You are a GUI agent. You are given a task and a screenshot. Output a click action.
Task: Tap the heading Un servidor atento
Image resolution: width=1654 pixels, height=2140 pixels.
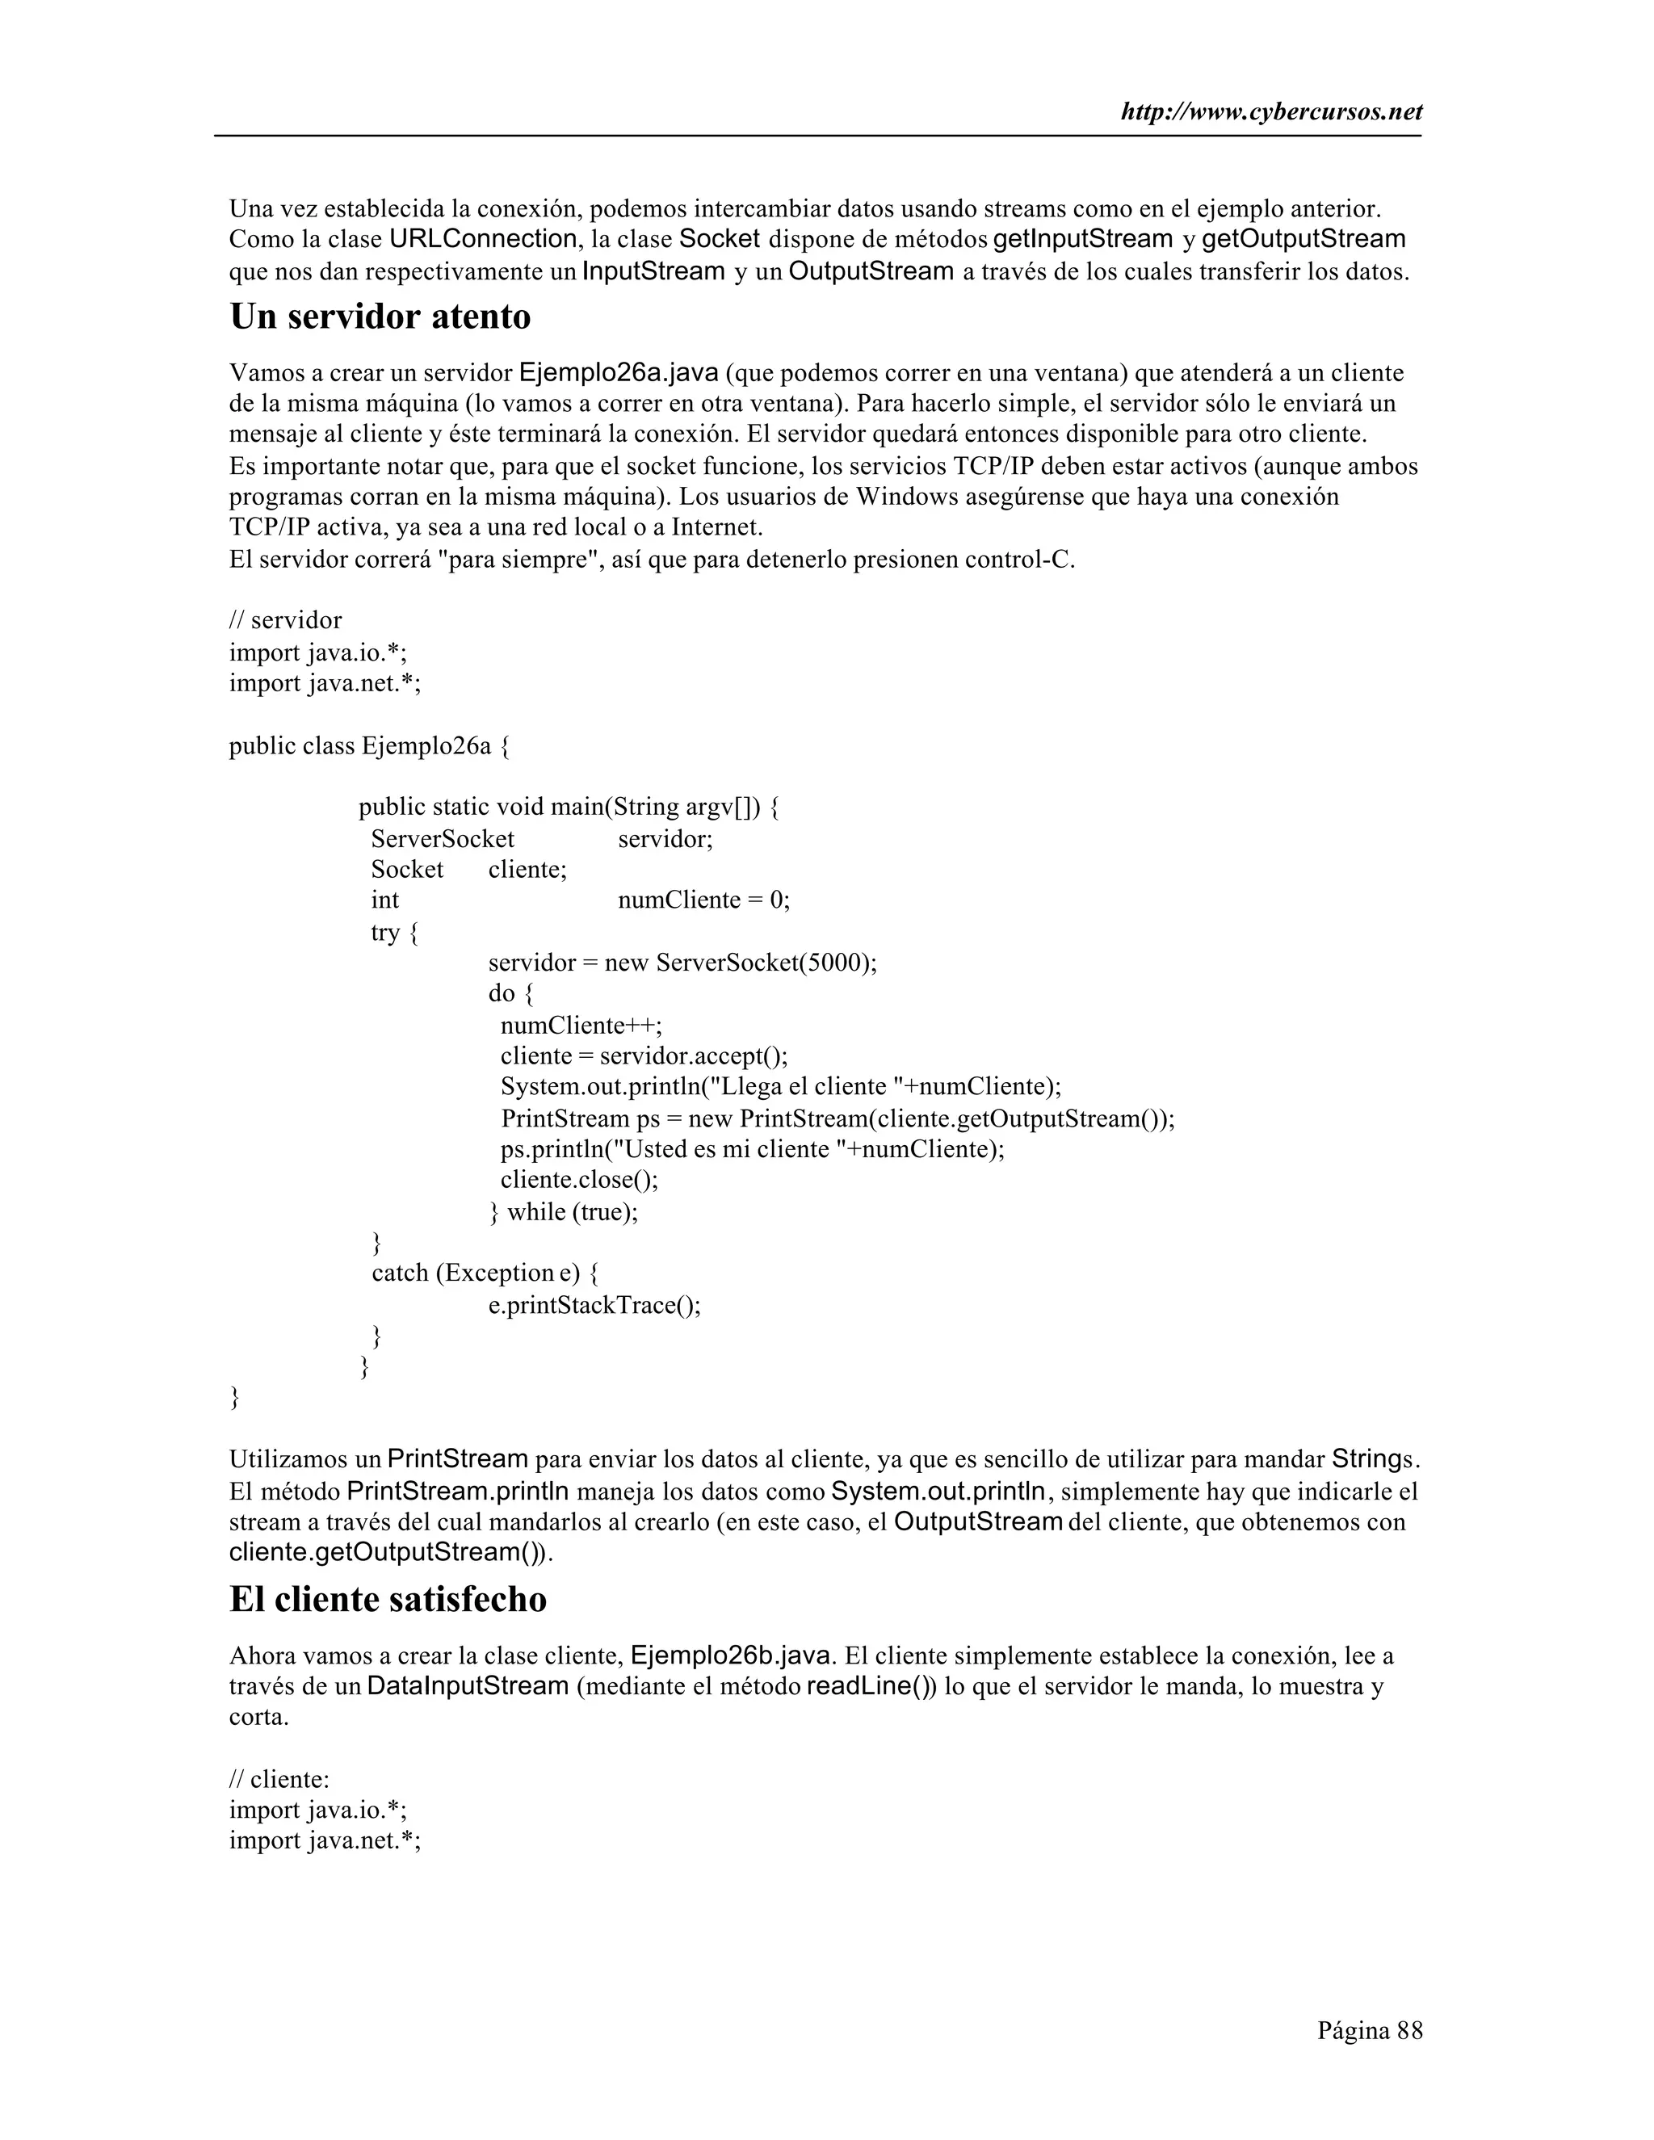380,317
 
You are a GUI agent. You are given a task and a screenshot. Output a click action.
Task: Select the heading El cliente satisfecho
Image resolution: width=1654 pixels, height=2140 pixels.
388,1599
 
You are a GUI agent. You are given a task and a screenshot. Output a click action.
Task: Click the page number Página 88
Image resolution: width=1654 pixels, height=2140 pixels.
1369,2030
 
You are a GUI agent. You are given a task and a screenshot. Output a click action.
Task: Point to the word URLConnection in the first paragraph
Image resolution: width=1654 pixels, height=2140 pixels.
483,239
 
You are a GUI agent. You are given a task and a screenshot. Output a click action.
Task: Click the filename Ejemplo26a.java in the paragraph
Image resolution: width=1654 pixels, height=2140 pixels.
619,373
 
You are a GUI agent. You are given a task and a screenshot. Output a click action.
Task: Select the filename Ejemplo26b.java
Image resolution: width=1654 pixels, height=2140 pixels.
732,1656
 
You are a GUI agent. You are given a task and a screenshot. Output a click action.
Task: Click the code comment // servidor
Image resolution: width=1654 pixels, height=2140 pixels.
285,620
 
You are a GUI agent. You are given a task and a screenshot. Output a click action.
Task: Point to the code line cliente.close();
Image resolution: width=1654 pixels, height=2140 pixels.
579,1180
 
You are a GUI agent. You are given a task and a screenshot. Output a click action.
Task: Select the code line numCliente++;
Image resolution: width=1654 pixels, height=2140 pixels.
581,1026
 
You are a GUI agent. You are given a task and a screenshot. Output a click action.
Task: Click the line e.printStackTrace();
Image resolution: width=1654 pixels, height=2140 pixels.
594,1305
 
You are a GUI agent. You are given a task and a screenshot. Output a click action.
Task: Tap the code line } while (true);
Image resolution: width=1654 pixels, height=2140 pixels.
564,1212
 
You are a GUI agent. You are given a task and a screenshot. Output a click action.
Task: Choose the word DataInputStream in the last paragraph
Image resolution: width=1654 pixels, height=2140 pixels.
468,1686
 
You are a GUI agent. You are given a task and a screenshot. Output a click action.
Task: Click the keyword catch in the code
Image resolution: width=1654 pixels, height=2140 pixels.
400,1273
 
